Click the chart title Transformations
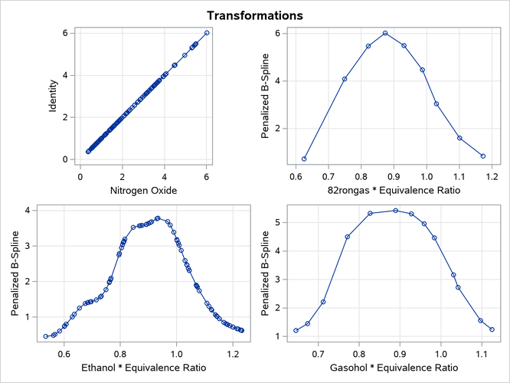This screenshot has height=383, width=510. (x=256, y=15)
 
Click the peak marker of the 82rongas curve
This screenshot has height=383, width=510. (x=385, y=33)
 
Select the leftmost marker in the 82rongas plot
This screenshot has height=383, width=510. (x=304, y=159)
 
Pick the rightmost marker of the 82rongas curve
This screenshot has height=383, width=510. (x=483, y=155)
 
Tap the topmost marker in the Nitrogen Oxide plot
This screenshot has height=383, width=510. (x=207, y=33)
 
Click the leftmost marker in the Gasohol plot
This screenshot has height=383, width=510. (x=296, y=330)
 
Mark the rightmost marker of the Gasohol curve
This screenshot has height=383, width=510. (x=492, y=329)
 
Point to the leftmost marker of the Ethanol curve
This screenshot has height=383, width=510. (x=46, y=336)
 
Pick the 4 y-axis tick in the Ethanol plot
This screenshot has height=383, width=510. (x=27, y=210)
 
